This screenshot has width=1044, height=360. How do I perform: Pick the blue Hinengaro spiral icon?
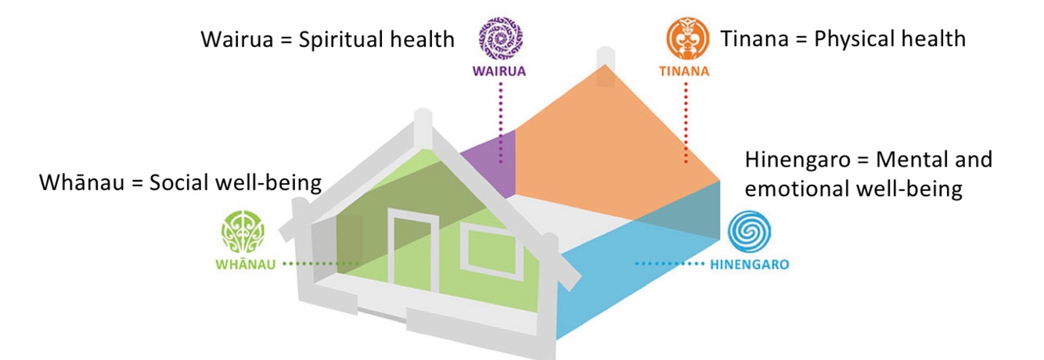pyautogui.click(x=749, y=233)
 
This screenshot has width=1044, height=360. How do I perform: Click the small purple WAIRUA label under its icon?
pyautogui.click(x=499, y=72)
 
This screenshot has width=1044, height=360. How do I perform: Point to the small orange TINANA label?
pyautogui.click(x=684, y=72)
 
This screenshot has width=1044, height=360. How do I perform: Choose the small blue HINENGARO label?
pyautogui.click(x=750, y=265)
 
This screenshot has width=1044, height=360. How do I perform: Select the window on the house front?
pyautogui.click(x=485, y=247)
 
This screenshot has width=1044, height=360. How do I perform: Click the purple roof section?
pyautogui.click(x=489, y=157)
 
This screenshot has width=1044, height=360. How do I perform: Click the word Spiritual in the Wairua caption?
pyautogui.click(x=341, y=39)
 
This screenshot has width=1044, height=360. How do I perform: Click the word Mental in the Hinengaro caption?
pyautogui.click(x=912, y=160)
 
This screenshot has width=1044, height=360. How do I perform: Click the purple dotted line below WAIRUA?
pyautogui.click(x=501, y=117)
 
